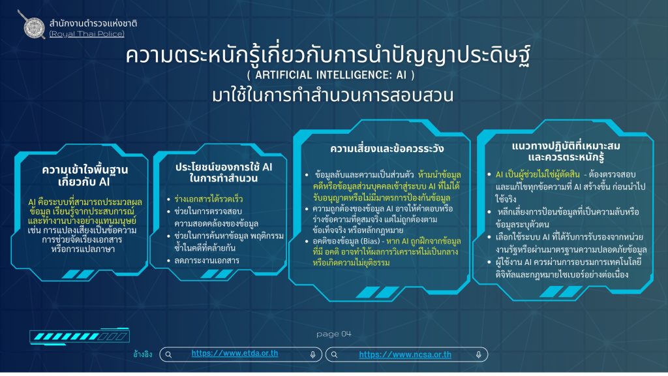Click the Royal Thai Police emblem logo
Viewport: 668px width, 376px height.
point(33,25)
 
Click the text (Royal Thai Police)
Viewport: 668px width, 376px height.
point(87,34)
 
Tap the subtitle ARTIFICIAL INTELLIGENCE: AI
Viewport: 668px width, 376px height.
point(331,75)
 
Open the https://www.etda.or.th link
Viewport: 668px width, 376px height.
point(235,353)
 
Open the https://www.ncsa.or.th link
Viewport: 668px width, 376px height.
point(405,354)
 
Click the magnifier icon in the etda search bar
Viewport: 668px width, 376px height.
point(169,354)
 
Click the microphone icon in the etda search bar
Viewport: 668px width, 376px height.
point(312,354)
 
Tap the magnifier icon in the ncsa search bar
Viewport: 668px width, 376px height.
point(335,354)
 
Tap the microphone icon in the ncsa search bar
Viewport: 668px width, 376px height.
point(478,354)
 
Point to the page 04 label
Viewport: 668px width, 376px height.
point(334,334)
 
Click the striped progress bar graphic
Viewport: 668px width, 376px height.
point(80,336)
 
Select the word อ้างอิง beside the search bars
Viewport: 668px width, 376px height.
point(143,354)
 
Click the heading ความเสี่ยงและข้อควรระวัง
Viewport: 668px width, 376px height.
point(387,148)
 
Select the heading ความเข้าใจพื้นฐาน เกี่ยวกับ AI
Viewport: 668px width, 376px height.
point(84,176)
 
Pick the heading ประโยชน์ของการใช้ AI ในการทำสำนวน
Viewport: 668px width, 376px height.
point(224,172)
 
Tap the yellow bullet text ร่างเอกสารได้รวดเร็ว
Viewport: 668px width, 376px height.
point(209,199)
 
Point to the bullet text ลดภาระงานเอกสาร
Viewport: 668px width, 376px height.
point(207,260)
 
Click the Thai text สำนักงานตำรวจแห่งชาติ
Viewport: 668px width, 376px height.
point(93,23)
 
